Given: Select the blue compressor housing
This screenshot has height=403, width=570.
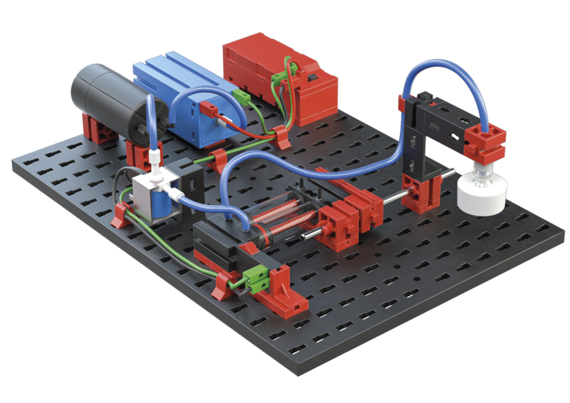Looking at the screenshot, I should point(182,97).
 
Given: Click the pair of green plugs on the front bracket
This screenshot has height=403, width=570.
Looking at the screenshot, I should point(254,277).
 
